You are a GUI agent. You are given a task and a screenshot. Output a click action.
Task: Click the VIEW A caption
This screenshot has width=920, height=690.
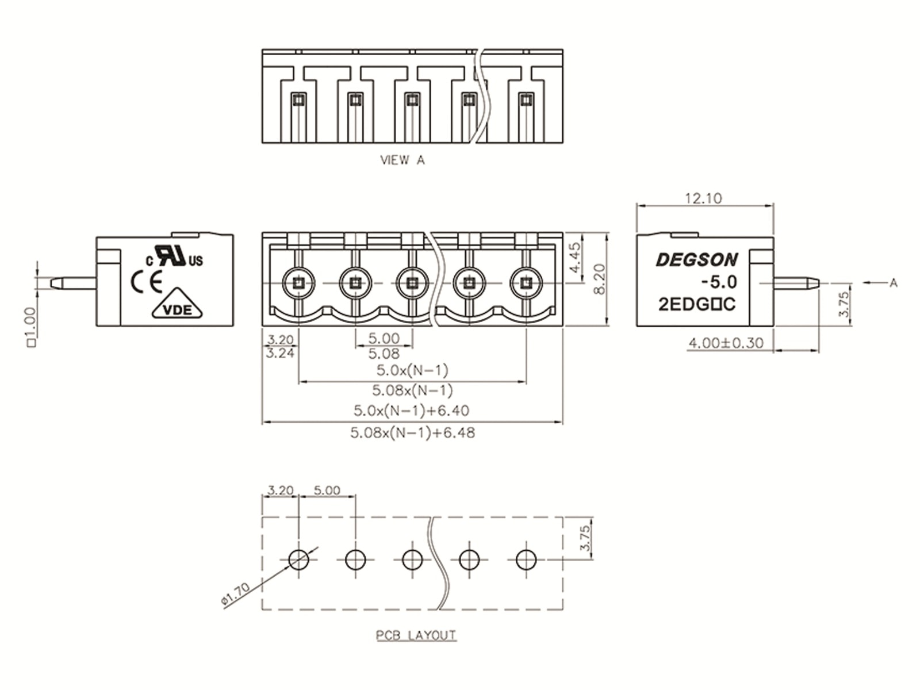402,160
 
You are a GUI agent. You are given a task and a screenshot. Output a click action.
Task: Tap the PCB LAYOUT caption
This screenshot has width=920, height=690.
416,635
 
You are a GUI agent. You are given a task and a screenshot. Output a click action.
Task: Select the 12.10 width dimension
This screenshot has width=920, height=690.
703,198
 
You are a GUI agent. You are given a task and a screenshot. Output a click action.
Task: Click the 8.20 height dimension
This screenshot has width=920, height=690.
599,279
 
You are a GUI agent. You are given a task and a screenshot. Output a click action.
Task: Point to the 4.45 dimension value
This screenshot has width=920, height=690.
574,258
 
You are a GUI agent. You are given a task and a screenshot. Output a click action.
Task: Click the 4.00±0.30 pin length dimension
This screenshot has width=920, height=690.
726,343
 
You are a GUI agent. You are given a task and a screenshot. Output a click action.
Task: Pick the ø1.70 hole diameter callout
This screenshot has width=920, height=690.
235,595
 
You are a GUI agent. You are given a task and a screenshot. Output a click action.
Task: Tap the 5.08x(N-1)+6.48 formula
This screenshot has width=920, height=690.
412,432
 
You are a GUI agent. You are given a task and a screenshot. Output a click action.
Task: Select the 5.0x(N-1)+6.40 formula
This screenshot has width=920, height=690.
411,411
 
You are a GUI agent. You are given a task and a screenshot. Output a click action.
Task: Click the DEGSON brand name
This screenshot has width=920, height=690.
696,260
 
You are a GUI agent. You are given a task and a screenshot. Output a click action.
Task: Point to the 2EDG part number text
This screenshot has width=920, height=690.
696,304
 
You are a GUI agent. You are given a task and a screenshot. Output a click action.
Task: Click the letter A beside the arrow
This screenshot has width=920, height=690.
893,282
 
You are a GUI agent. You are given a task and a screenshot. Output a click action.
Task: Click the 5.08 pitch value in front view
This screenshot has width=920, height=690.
384,353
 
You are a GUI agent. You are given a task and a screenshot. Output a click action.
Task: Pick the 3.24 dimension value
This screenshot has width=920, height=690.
280,353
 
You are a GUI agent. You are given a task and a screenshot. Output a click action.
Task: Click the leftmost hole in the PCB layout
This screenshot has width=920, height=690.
298,558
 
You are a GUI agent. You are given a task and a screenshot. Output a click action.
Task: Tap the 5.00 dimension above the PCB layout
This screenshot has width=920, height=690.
327,490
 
